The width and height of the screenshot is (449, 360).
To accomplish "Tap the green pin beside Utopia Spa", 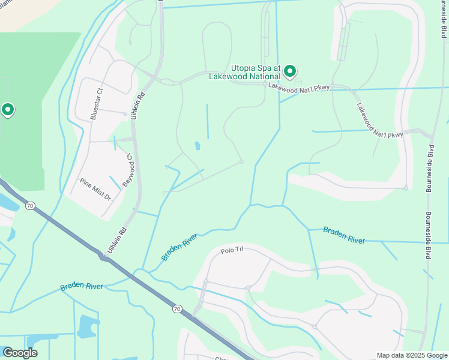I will (290, 72).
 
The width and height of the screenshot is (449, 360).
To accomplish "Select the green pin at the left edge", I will (8, 110).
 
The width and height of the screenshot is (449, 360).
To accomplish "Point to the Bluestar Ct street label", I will (94, 106).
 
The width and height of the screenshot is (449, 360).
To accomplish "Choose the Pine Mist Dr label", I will (95, 188).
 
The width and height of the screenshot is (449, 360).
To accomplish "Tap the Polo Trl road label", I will (231, 251).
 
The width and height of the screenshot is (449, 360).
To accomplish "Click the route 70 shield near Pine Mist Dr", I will (30, 206).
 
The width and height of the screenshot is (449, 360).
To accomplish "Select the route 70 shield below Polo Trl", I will (176, 309).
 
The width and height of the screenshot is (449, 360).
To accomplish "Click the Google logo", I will (20, 353).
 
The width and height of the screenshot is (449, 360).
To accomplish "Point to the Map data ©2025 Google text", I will (411, 355).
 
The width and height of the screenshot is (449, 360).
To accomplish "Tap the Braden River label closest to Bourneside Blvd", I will (344, 235).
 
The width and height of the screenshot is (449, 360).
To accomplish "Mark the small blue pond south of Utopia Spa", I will (197, 146).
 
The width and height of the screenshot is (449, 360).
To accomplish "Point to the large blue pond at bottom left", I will (88, 326).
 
